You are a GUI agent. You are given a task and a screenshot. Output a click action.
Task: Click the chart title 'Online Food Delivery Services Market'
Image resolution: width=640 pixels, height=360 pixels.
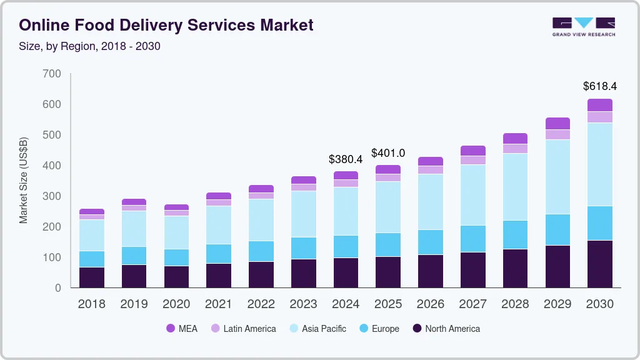[x=166, y=25]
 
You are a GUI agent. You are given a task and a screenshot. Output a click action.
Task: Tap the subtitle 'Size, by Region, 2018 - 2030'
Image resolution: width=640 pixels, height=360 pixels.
[x=90, y=46]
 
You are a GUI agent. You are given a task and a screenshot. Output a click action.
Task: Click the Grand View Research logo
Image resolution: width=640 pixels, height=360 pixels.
[x=583, y=26]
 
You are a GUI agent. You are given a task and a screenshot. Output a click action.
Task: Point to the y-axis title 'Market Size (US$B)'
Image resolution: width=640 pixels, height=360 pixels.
[x=24, y=180]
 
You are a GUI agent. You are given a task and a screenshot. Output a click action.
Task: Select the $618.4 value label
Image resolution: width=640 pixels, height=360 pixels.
[x=599, y=86]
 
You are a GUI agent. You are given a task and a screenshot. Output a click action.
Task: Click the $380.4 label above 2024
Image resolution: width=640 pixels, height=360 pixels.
[x=346, y=159]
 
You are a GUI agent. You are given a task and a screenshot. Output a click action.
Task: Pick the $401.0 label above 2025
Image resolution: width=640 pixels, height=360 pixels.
[x=388, y=153]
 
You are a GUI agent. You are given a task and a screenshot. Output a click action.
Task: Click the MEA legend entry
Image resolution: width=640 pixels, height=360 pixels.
[x=181, y=328]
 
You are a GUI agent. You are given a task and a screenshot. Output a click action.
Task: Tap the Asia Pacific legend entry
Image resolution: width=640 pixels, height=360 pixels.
[x=317, y=328]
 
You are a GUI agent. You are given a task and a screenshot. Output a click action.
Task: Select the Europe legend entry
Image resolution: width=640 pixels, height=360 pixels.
[x=378, y=328]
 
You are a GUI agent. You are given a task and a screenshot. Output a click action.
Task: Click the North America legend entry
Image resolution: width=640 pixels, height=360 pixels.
[x=446, y=328]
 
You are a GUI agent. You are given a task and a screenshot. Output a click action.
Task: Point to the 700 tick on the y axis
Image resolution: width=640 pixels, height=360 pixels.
[x=52, y=74]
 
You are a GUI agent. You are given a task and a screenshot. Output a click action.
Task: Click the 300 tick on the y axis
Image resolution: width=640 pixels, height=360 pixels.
[x=52, y=196]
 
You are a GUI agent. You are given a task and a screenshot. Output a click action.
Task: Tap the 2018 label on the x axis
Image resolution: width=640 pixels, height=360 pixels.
[x=92, y=304]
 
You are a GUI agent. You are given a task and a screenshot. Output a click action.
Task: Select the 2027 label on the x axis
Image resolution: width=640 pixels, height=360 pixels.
[x=472, y=304]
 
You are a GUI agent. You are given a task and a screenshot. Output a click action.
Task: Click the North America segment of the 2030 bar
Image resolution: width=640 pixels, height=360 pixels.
[x=600, y=264]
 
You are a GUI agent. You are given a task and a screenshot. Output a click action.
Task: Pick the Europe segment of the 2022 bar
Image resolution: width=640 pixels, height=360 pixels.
[x=261, y=251]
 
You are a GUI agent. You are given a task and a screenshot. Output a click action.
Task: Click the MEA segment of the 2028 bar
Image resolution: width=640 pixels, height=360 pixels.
[x=515, y=138]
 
